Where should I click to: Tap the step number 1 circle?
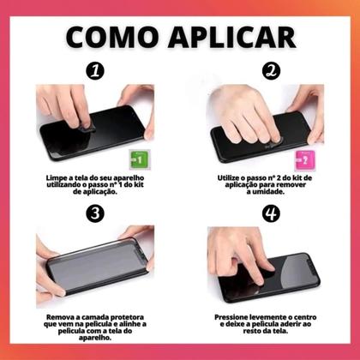coord(93,72)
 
